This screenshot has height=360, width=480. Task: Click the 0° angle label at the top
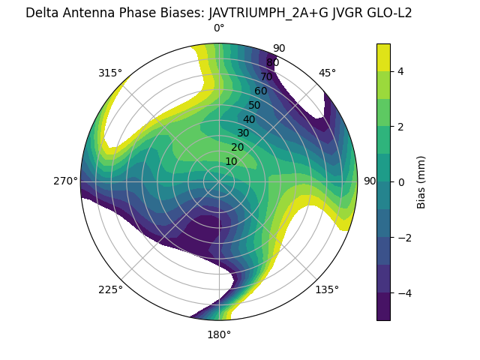pyautogui.click(x=219, y=28)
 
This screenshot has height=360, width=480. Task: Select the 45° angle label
pyautogui.click(x=327, y=73)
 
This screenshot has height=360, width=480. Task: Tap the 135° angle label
pyautogui.click(x=327, y=289)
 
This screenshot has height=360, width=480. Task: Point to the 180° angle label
pyautogui.click(x=219, y=334)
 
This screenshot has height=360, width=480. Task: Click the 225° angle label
pyautogui.click(x=110, y=289)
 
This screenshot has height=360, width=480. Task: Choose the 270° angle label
pyautogui.click(x=65, y=181)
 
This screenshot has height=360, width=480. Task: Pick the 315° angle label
pyautogui.click(x=110, y=73)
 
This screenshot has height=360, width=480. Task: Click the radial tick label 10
pyautogui.click(x=231, y=161)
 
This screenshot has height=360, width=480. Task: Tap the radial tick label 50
pyautogui.click(x=255, y=105)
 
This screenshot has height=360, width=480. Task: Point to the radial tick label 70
pyautogui.click(x=266, y=76)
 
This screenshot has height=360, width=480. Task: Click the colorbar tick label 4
pyautogui.click(x=400, y=71)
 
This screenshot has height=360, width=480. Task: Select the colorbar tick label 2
pyautogui.click(x=400, y=127)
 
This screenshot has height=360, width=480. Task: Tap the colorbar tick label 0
pyautogui.click(x=400, y=181)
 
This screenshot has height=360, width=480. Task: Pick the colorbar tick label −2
pyautogui.click(x=403, y=237)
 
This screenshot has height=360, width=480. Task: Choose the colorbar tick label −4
pyautogui.click(x=403, y=292)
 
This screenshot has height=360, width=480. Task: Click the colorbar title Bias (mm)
pyautogui.click(x=421, y=181)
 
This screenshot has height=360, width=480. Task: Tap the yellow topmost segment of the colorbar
pyautogui.click(x=383, y=57)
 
